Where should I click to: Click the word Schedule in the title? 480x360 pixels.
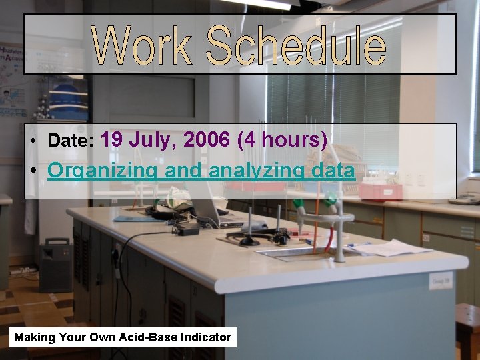pos(296,45)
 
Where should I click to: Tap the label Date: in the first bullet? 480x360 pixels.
pos(71,141)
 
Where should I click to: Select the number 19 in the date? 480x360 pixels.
pos(111,140)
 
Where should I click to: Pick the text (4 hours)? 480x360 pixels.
pos(283,140)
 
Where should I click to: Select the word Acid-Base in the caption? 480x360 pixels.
pos(145,337)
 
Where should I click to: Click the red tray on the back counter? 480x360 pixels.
pos(381,192)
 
